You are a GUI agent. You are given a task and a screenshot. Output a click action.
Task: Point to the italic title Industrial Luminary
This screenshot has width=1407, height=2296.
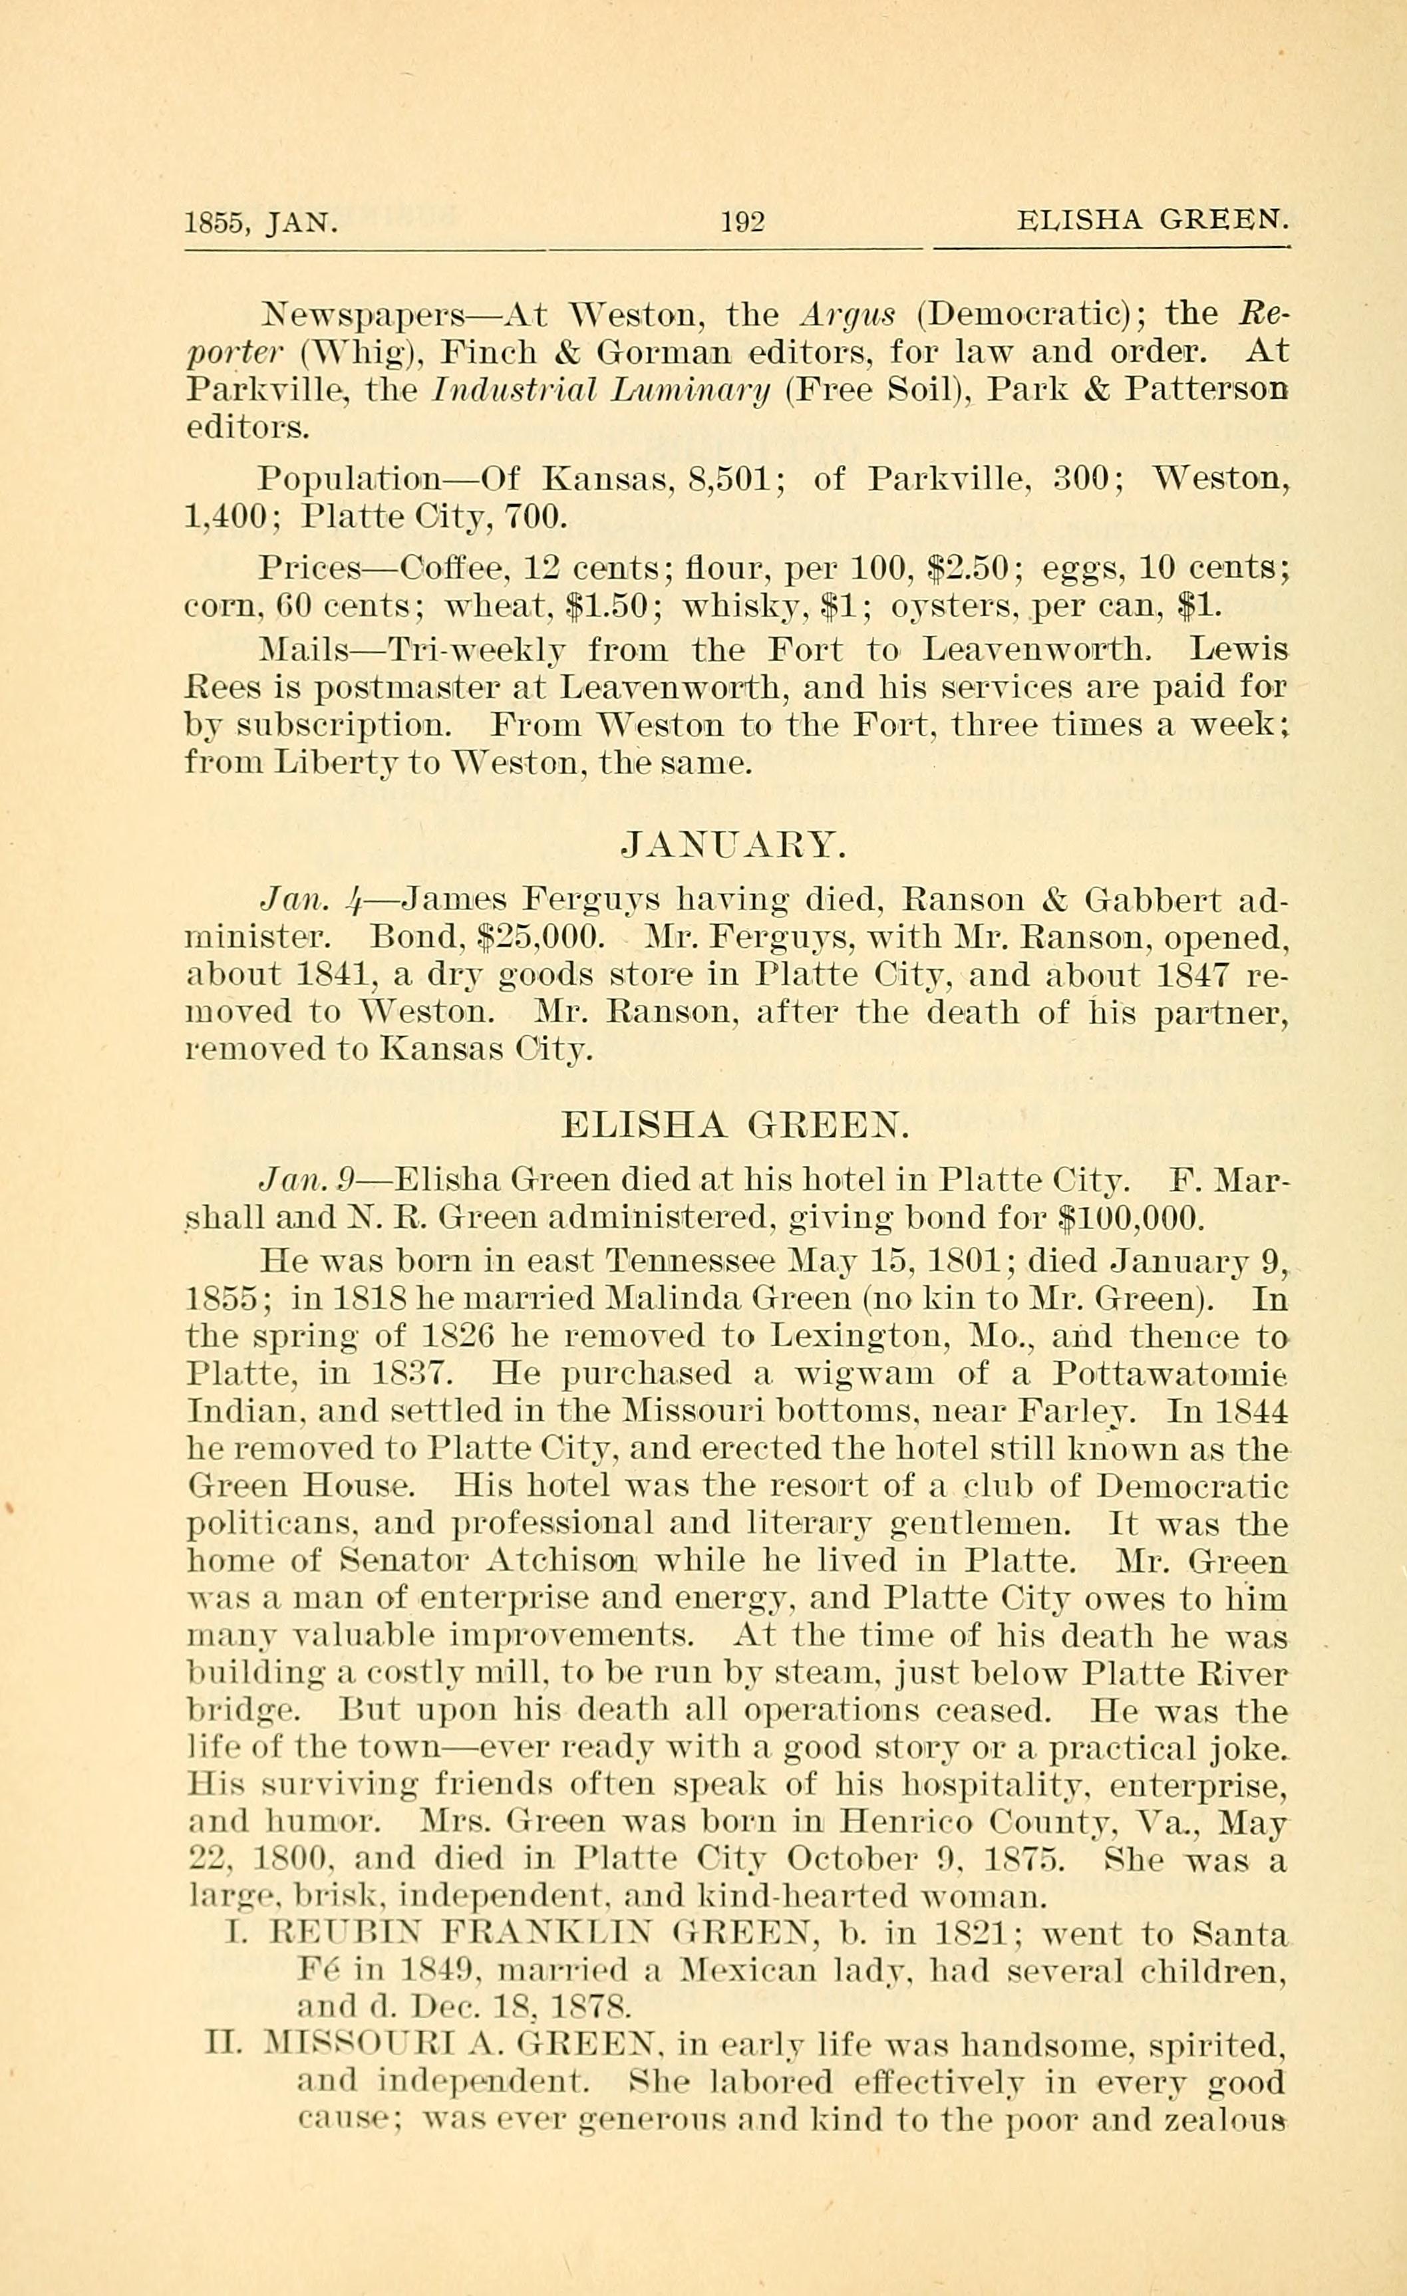601,390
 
